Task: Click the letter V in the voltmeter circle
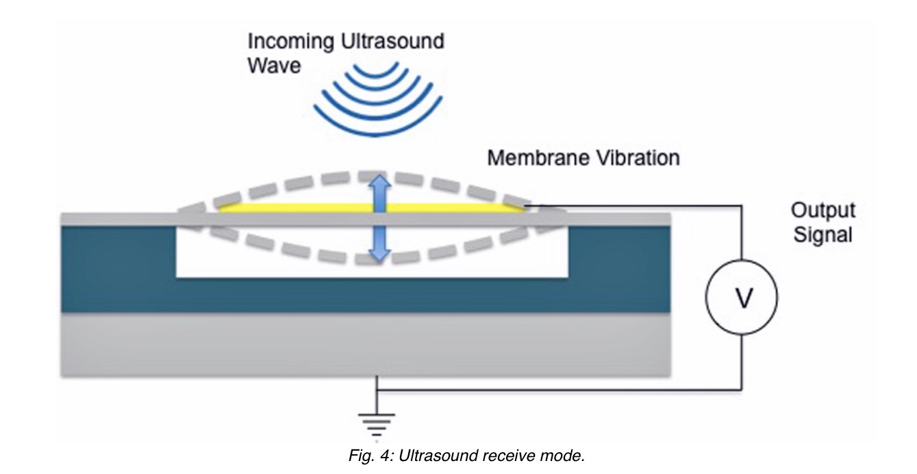pos(742,298)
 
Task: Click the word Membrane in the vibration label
pos(531,159)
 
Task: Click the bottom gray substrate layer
pos(363,345)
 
